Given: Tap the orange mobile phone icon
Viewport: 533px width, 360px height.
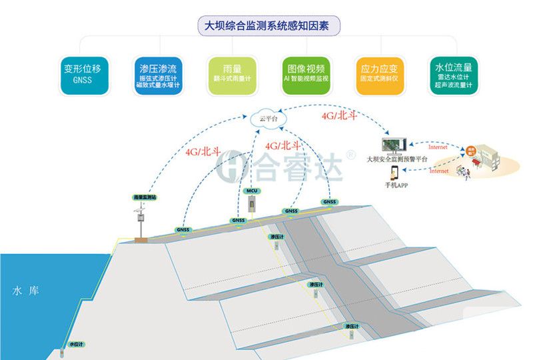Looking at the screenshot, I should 394,171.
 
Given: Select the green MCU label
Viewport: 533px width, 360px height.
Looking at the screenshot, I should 252,191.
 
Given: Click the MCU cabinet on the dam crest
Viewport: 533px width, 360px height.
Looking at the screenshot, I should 252,205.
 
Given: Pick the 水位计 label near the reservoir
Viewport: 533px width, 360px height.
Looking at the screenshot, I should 77,345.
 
